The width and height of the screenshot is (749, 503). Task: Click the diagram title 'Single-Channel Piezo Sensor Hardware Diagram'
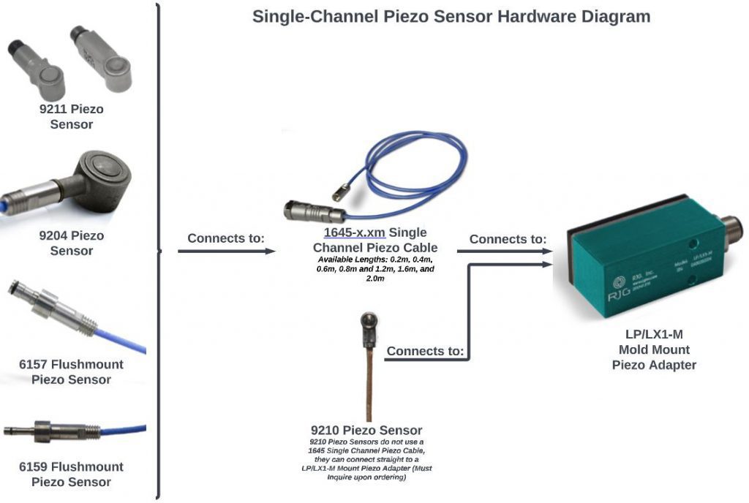(x=451, y=16)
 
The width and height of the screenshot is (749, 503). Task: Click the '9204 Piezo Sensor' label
(x=72, y=243)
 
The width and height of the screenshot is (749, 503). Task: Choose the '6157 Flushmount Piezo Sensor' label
(x=72, y=372)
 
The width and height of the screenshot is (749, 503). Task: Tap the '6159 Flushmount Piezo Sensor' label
(x=72, y=474)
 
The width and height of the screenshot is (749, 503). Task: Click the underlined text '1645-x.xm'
(x=355, y=232)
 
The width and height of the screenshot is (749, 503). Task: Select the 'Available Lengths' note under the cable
(x=375, y=269)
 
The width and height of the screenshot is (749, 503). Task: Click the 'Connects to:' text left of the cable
(x=225, y=238)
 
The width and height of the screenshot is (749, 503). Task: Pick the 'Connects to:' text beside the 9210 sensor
(x=425, y=351)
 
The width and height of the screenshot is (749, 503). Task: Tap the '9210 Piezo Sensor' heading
(x=366, y=430)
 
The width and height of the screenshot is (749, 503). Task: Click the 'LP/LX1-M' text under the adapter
(x=654, y=334)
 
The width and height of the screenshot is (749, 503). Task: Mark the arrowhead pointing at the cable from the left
(x=271, y=251)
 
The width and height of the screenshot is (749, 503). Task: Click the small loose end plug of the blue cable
(x=337, y=194)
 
